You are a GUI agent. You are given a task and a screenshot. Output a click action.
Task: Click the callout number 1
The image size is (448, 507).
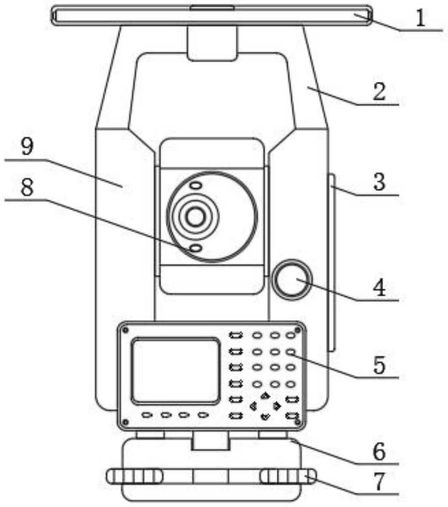pyautogui.click(x=420, y=18)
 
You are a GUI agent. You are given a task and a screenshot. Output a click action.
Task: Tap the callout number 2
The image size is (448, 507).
pyautogui.click(x=379, y=92)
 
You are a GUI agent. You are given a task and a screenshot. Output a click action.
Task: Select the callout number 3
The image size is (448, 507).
pyautogui.click(x=379, y=182)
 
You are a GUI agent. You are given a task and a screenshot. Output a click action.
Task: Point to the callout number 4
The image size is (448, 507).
pyautogui.click(x=379, y=288)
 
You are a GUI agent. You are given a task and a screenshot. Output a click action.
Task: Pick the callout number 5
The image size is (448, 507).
pyautogui.click(x=379, y=365)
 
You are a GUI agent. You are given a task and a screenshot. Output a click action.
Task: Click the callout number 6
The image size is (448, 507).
pyautogui.click(x=379, y=451)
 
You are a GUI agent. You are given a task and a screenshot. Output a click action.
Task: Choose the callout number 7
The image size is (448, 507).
pyautogui.click(x=379, y=482)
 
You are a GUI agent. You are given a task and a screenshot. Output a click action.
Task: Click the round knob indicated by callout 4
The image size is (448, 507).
pyautogui.click(x=292, y=279)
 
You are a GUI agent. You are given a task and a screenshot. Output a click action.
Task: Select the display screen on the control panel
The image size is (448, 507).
pyautogui.click(x=176, y=370)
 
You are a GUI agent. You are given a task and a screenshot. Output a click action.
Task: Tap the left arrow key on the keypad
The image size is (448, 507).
pyautogui.click(x=253, y=406)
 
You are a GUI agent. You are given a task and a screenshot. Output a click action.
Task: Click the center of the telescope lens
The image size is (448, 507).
pyautogui.click(x=195, y=216)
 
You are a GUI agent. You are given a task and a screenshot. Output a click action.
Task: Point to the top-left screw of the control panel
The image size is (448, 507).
pyautogui.click(x=126, y=330)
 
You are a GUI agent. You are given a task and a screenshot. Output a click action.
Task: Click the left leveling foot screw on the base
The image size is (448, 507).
pyautogui.click(x=134, y=476)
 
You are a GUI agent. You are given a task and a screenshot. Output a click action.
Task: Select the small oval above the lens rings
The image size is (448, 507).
pyautogui.click(x=196, y=186)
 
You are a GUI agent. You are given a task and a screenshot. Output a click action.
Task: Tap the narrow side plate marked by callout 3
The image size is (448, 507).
pyautogui.click(x=332, y=263)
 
